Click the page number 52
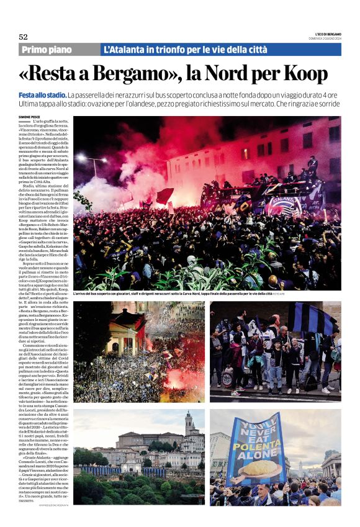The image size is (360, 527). (x=23, y=37)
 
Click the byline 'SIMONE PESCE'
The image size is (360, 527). (x=30, y=116)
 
